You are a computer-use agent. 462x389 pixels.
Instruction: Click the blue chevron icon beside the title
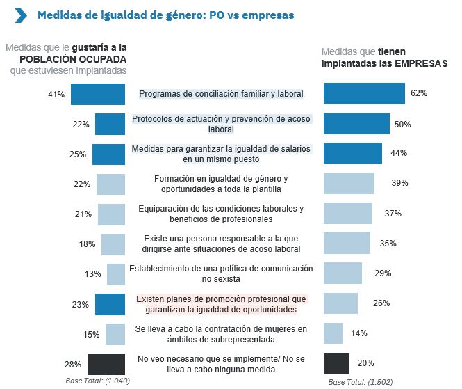point(21,15)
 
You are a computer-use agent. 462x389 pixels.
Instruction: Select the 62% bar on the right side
point(364,93)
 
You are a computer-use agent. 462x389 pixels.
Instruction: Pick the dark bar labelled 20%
point(336,363)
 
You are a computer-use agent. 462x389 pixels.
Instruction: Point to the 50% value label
point(402,124)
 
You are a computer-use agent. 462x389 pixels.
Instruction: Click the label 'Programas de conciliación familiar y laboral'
point(222,93)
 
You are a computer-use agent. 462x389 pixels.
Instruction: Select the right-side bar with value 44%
point(353,153)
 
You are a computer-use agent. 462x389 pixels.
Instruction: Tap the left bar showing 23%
point(110,304)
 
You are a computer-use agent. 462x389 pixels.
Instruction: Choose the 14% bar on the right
point(333,333)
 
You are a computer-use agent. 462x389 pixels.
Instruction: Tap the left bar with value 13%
point(115,274)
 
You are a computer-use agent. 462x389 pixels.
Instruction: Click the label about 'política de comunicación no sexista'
point(222,273)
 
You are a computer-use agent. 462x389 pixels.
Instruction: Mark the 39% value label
point(399,184)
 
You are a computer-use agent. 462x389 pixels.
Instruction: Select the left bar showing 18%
point(113,244)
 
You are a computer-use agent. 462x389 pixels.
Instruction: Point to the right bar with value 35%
point(347,243)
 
